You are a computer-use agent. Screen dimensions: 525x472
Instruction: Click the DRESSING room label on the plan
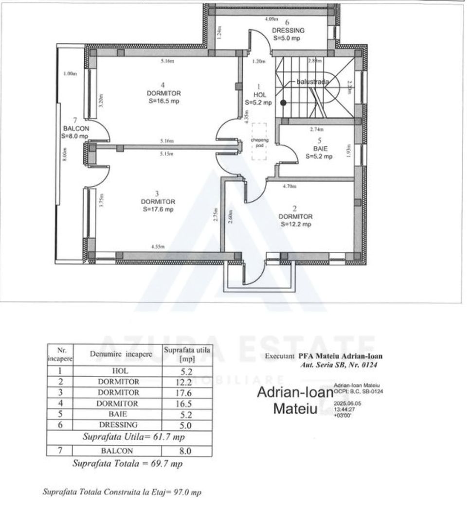point(288,30)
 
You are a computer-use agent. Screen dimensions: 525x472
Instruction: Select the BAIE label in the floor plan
point(320,149)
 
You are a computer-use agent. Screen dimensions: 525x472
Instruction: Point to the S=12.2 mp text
point(295,224)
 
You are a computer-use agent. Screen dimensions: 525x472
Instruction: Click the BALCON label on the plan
point(75,128)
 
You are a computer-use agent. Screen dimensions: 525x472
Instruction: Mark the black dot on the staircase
point(283,103)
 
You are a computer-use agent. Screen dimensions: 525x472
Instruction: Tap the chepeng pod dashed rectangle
point(259,141)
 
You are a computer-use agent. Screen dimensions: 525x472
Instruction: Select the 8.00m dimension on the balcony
point(65,156)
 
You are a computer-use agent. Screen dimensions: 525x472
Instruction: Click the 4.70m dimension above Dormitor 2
point(290,185)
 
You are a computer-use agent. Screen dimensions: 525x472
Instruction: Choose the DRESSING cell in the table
point(118,425)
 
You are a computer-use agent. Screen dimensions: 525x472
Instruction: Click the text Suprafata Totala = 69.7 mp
point(127,464)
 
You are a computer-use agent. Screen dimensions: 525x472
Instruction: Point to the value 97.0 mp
point(188,492)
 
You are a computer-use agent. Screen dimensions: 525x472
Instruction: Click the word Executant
point(280,356)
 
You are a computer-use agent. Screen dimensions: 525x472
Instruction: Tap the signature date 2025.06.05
point(345,403)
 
